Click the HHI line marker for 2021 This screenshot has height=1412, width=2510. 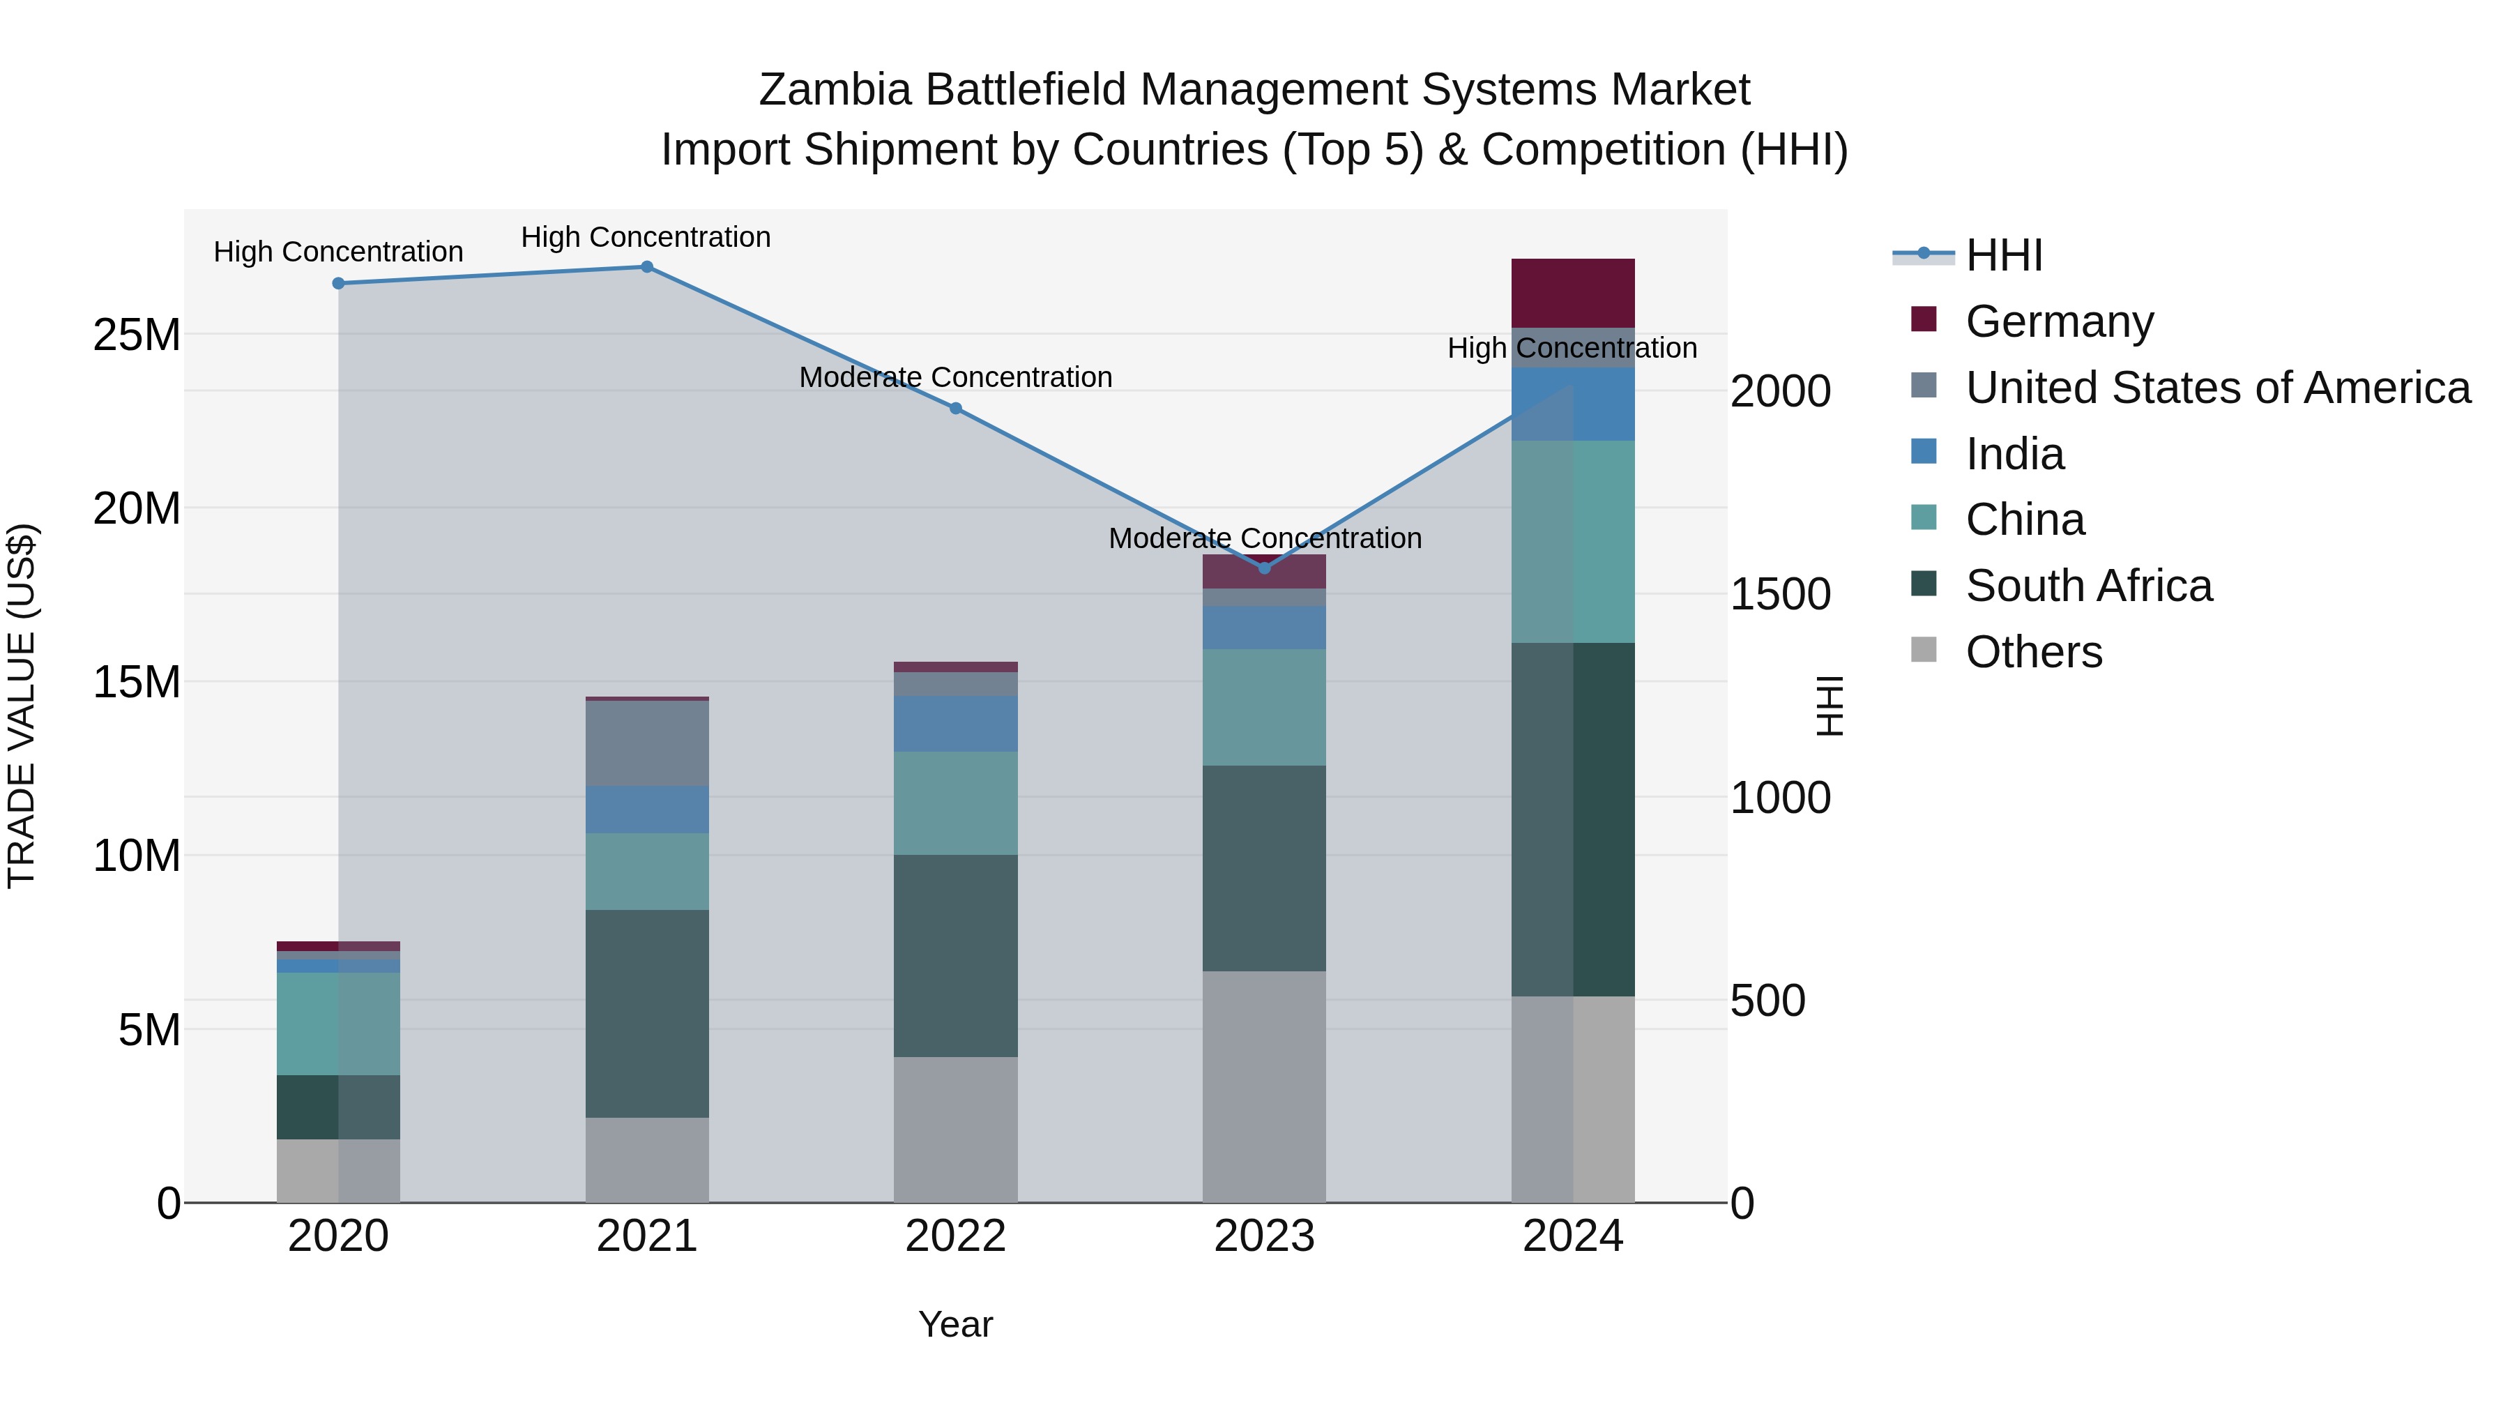(646, 267)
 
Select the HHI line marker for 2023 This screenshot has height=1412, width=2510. (1265, 568)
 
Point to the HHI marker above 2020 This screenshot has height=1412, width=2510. (338, 284)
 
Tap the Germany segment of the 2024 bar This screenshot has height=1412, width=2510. (1573, 294)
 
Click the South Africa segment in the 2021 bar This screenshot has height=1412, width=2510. (647, 1013)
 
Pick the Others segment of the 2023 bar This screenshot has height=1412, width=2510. (1264, 1086)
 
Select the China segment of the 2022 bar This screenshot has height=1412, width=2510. (955, 803)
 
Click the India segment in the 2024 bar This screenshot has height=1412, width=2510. (1573, 404)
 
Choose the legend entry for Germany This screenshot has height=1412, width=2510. (2059, 321)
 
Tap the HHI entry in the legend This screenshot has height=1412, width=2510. (2003, 255)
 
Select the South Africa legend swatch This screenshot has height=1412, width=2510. (1924, 586)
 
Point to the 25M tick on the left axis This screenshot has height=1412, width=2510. (137, 335)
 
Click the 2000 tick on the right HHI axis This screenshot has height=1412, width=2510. (1779, 392)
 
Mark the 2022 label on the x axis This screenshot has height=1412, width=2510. (955, 1236)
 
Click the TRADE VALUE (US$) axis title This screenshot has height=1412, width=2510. (22, 706)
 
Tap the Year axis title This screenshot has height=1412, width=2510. (955, 1324)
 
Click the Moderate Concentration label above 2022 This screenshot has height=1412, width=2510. (955, 377)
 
